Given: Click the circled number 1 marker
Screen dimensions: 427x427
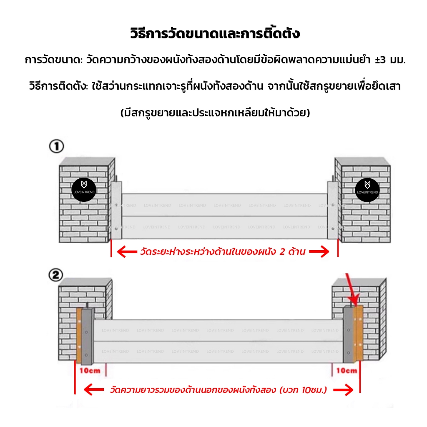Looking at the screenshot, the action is pyautogui.click(x=56, y=146).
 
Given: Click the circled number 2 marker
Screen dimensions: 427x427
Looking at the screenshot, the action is pyautogui.click(x=56, y=275).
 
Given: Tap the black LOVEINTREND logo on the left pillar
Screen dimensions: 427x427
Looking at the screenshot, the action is pyautogui.click(x=84, y=190).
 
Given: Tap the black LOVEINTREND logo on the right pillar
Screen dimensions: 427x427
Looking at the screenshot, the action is pyautogui.click(x=367, y=190).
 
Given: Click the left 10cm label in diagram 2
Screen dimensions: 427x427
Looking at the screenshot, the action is pyautogui.click(x=90, y=371).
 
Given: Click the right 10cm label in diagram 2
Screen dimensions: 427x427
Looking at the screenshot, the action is pyautogui.click(x=347, y=370).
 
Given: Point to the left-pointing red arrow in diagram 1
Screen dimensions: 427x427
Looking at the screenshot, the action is pyautogui.click(x=127, y=251).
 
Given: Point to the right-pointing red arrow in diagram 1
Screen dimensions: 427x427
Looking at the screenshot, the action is pyautogui.click(x=319, y=251).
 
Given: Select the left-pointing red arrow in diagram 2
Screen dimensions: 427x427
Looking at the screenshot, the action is pyautogui.click(x=94, y=390).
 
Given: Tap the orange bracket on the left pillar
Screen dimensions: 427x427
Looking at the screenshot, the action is pyautogui.click(x=79, y=336).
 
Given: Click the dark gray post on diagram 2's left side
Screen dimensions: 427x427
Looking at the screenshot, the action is pyautogui.click(x=87, y=337).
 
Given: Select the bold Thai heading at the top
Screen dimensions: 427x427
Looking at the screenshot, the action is pyautogui.click(x=215, y=33).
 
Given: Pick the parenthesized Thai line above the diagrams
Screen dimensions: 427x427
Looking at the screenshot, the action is pyautogui.click(x=215, y=112).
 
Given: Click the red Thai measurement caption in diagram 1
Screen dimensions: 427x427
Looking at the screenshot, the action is pyautogui.click(x=223, y=251).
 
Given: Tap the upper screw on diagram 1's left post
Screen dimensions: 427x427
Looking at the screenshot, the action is pyautogui.click(x=116, y=205).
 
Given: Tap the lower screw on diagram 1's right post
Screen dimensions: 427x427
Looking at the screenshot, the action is pyautogui.click(x=333, y=229).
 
